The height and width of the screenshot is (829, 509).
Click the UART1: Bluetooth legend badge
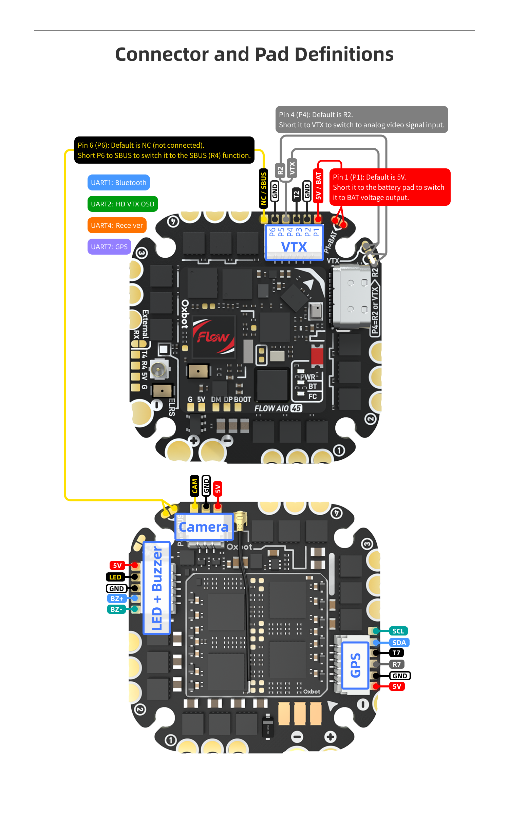(118, 183)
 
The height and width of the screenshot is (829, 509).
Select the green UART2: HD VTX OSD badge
(122, 204)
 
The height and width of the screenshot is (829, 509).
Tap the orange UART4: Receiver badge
(117, 225)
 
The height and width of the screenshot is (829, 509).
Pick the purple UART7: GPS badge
(109, 247)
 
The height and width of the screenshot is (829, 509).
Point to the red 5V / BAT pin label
(318, 186)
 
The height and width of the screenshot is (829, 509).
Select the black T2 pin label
(296, 194)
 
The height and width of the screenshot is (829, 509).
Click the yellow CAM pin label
(194, 486)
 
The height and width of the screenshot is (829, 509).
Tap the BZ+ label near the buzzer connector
(117, 598)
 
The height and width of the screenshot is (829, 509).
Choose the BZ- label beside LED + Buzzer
(116, 609)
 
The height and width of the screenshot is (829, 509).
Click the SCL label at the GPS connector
(398, 631)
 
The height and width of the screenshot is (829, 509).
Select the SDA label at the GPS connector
(399, 643)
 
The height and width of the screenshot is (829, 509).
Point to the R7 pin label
(396, 664)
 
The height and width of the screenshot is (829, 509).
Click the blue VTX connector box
(294, 243)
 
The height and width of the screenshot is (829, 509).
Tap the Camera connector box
(204, 527)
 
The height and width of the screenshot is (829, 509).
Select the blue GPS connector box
(355, 665)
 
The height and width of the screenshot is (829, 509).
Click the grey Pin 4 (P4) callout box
(361, 119)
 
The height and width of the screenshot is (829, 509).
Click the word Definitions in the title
(344, 54)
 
